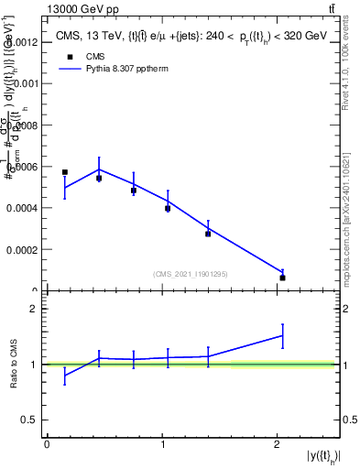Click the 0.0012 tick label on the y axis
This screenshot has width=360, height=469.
pyautogui.click(x=20, y=42)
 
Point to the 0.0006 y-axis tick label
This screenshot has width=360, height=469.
pyautogui.click(x=20, y=167)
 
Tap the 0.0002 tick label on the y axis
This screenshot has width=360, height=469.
pyautogui.click(x=20, y=249)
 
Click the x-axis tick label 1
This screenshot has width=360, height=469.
pyautogui.click(x=161, y=444)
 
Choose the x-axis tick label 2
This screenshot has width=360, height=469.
pyautogui.click(x=277, y=444)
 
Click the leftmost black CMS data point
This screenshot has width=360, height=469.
pyautogui.click(x=65, y=172)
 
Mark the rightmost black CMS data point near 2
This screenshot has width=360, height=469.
pyautogui.click(x=283, y=278)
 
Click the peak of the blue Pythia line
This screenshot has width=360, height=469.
pyautogui.click(x=99, y=169)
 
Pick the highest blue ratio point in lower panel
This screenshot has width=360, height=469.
pyautogui.click(x=283, y=334)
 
